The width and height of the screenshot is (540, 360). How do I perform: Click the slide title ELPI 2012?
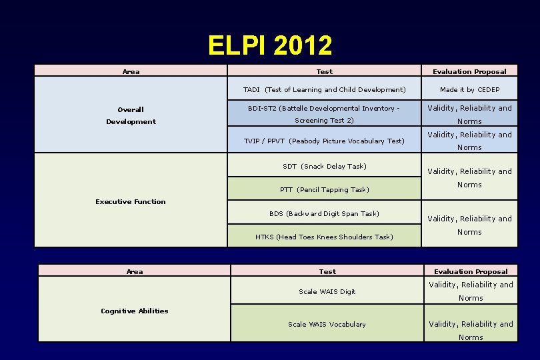point(269,45)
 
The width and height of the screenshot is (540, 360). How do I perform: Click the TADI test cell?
point(324,89)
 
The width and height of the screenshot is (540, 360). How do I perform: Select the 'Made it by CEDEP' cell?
point(469,89)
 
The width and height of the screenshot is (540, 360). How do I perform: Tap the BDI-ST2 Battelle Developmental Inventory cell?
point(324,114)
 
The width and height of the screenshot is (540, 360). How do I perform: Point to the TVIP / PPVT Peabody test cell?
point(324,141)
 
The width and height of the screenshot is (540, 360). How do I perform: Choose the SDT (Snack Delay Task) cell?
point(324,166)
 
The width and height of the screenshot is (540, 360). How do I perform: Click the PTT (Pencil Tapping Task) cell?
point(324,189)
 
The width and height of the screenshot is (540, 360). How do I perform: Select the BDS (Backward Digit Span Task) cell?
point(324,213)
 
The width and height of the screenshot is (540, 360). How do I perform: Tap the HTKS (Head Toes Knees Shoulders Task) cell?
point(324,237)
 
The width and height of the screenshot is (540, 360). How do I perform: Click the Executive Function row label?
point(131,201)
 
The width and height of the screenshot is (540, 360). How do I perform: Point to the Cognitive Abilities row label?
point(135,311)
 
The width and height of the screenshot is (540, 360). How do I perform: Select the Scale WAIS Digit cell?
point(327,291)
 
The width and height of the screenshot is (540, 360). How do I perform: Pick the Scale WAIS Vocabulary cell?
point(327,324)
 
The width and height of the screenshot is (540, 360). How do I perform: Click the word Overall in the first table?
point(131,109)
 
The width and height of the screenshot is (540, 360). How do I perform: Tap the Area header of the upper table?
point(131,71)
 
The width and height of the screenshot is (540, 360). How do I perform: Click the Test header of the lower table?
point(327,271)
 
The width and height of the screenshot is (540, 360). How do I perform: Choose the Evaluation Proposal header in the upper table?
point(469,71)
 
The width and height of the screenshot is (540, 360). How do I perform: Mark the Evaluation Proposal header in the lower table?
point(471,271)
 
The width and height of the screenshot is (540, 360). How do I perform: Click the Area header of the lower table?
point(135,271)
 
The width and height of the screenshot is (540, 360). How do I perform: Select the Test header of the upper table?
point(324,71)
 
